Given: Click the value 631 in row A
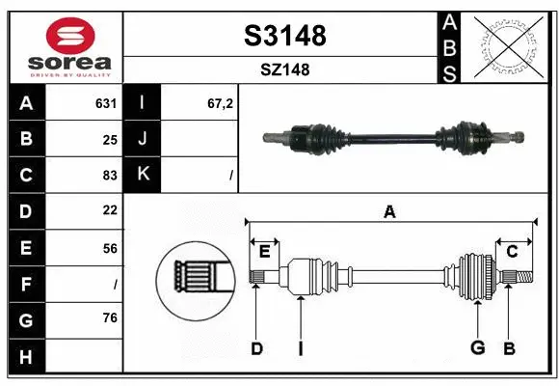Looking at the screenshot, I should click(106, 103).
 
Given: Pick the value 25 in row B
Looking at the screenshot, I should click(109, 140).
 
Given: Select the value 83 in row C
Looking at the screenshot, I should click(109, 176).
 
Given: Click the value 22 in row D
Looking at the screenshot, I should click(109, 210).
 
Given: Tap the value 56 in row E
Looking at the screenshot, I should click(109, 248).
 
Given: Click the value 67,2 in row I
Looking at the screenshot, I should click(221, 103).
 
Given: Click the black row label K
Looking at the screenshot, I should click(143, 175).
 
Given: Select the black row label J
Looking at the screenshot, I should click(143, 139).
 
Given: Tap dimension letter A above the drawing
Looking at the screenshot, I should click(389, 211).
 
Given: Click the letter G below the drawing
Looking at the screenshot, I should click(476, 348).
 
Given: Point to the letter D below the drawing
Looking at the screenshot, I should click(256, 348).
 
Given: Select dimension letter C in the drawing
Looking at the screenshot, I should click(512, 251).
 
